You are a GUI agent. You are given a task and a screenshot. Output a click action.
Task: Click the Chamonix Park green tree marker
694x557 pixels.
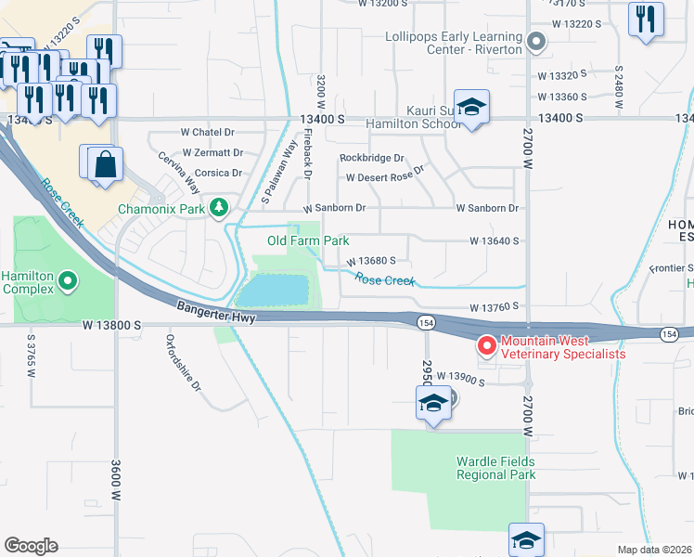pos(218,208)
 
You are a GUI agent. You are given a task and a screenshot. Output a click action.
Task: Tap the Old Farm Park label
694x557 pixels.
pos(308,241)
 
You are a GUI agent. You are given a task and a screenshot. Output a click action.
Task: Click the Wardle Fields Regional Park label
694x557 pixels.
pos(495,468)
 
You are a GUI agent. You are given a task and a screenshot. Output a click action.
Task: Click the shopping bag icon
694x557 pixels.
pos(107,164)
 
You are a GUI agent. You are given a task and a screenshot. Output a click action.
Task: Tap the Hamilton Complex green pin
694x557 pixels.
pos(68,278)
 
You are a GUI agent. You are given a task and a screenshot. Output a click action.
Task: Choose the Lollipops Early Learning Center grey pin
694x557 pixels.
pos(535,42)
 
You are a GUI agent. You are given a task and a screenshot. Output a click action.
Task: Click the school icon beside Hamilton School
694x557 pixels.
pos(471,107)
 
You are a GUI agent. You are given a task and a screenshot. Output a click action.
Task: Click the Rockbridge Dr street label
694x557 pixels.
pos(372,159)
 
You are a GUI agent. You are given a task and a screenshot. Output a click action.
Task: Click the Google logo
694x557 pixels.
pos(31,545)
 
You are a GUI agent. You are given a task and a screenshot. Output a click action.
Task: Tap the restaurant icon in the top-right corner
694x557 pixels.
pos(646,19)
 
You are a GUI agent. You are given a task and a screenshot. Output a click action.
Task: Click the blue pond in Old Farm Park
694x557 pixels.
pos(273,291)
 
